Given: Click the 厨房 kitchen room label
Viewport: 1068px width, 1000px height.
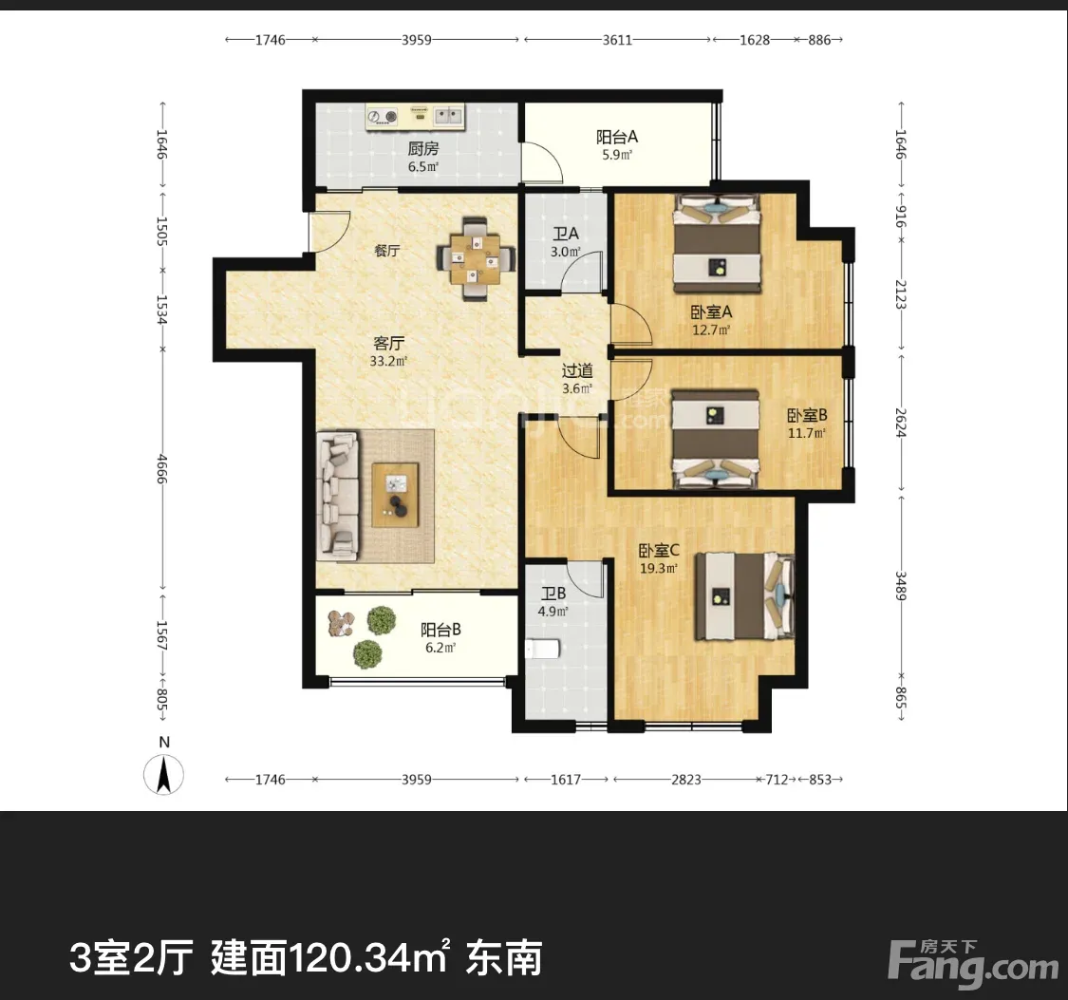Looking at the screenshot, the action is (423, 148).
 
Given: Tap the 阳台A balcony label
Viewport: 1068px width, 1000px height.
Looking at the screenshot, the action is (617, 137).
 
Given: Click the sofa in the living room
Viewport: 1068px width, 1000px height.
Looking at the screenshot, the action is (339, 495).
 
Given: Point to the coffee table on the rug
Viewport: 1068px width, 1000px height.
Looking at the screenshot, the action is (395, 495).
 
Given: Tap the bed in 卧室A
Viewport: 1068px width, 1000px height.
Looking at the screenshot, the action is (717, 244).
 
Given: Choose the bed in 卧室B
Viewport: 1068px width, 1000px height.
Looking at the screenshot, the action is (715, 439).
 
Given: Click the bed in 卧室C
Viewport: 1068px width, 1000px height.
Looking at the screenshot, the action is (744, 596).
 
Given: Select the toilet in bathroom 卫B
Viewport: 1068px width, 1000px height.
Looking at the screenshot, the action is (543, 649).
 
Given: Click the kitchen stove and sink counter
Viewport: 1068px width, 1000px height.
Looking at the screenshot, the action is (415, 117).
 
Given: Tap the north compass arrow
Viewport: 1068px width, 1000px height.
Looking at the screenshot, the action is (163, 775).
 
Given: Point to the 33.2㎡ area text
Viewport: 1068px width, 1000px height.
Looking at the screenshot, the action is (388, 361).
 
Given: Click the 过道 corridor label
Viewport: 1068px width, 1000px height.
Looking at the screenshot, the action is (577, 370).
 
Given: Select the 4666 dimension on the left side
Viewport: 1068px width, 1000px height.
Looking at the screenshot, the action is (162, 469).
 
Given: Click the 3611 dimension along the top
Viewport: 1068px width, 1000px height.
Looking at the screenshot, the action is (617, 40).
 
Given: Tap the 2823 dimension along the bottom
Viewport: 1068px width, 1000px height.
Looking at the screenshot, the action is (685, 780).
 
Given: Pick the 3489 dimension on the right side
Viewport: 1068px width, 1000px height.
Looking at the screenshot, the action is (901, 586).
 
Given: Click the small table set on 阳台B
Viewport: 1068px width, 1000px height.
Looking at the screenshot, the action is (341, 623).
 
